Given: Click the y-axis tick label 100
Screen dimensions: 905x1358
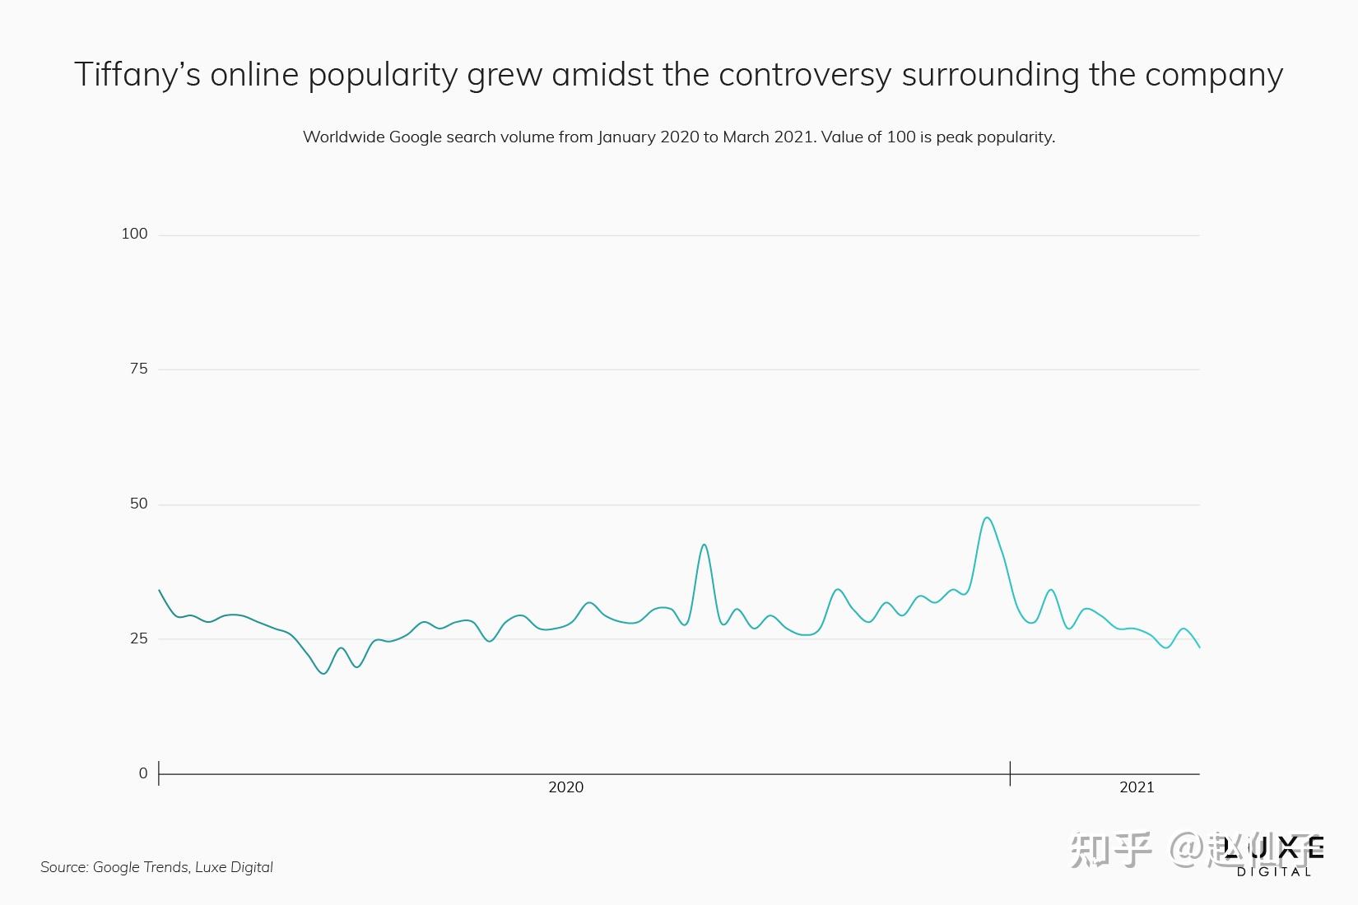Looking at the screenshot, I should [134, 234].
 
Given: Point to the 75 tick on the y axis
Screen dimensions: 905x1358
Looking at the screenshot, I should [138, 369].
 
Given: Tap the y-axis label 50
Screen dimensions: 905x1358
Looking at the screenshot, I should [138, 504].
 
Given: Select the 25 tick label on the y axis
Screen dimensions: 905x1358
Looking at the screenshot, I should [138, 638].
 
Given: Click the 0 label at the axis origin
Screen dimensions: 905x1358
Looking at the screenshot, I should [143, 773].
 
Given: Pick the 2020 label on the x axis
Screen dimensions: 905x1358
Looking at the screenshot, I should [565, 787].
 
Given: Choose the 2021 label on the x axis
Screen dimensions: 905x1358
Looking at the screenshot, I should [1137, 787].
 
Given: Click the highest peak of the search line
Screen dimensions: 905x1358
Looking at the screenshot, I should [987, 517].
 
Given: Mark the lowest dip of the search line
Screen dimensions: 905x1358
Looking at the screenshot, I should [323, 674].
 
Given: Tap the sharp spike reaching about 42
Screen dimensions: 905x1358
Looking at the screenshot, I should [704, 545].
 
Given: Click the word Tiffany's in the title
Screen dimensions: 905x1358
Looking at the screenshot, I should [137, 75].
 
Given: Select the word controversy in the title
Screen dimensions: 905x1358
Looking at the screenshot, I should [804, 75].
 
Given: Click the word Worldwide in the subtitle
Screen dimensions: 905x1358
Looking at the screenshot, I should [342, 137].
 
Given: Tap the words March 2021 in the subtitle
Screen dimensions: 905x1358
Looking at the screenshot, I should [768, 137].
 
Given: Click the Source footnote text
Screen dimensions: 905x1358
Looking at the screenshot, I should [156, 867].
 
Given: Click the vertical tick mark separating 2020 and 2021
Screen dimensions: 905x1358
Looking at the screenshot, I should [1010, 773].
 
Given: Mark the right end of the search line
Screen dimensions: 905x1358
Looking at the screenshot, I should [1199, 647].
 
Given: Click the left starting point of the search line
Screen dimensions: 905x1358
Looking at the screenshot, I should [159, 590].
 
